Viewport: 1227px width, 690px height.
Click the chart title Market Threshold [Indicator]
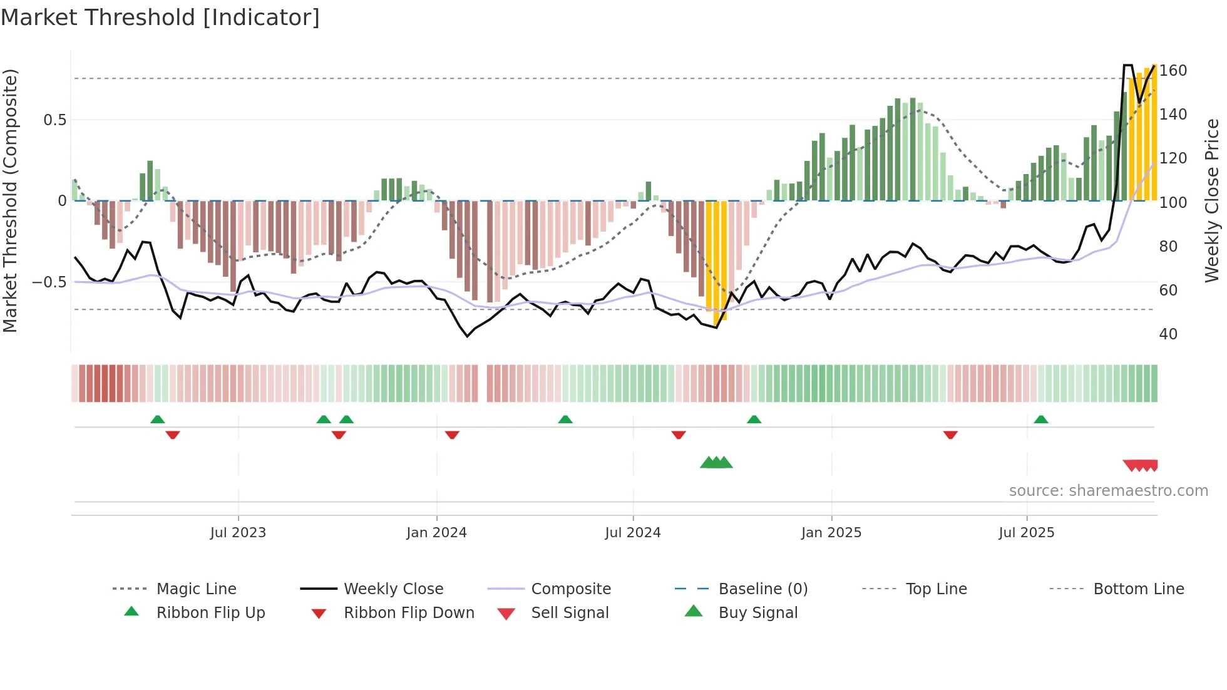[x=160, y=18]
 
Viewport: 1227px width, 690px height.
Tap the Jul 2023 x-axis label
[x=238, y=533]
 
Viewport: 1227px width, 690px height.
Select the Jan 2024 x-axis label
[x=436, y=533]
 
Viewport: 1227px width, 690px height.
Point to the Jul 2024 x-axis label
[x=633, y=533]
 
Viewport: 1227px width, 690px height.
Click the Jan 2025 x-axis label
[x=831, y=533]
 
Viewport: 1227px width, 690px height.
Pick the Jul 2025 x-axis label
[x=1027, y=533]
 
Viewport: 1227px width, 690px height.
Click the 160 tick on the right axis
[x=1173, y=71]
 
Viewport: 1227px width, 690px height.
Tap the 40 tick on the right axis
[x=1168, y=334]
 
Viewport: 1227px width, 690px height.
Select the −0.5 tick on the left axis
[x=49, y=282]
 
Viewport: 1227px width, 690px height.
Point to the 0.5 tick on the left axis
[x=54, y=120]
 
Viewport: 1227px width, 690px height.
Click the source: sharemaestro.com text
[x=1108, y=491]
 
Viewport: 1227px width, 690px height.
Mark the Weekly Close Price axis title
[x=1213, y=200]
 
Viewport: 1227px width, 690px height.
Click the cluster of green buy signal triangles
[x=716, y=463]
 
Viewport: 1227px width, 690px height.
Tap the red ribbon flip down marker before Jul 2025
[x=950, y=435]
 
